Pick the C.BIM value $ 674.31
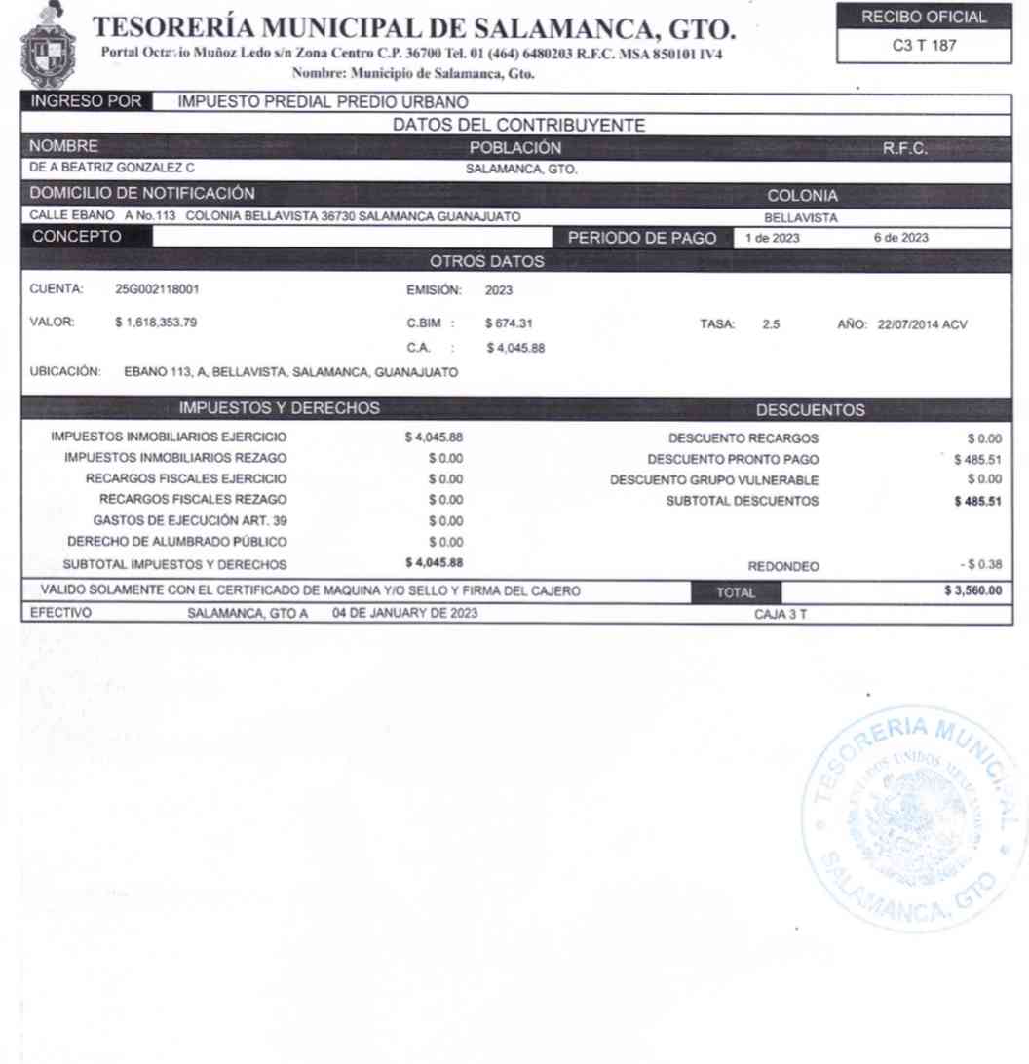pos(514,323)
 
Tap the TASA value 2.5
pos(771,323)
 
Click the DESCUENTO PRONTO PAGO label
pos(734,459)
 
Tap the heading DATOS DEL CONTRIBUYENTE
pos(514,126)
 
